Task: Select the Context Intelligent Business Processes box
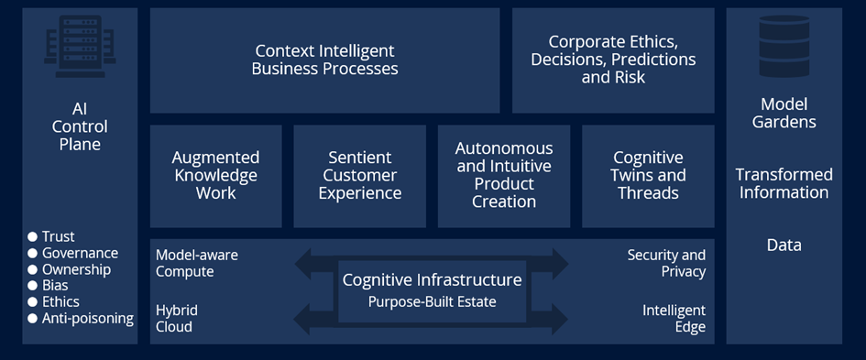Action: [x=324, y=60]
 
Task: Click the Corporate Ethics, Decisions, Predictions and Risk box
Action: [x=613, y=60]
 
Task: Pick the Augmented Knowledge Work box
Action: [x=215, y=176]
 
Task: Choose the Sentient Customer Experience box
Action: [x=359, y=176]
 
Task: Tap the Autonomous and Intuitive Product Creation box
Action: [x=504, y=175]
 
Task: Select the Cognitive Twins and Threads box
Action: [x=648, y=176]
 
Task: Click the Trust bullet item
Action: [x=58, y=237]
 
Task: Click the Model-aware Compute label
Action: [x=196, y=263]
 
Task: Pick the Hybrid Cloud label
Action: [x=177, y=318]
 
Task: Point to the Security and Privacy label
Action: [x=666, y=263]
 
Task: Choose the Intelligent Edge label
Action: [x=674, y=318]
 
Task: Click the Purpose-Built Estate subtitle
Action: [x=432, y=301]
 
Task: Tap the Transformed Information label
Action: [x=784, y=183]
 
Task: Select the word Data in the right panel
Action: [x=784, y=245]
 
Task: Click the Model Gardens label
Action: [x=784, y=114]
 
